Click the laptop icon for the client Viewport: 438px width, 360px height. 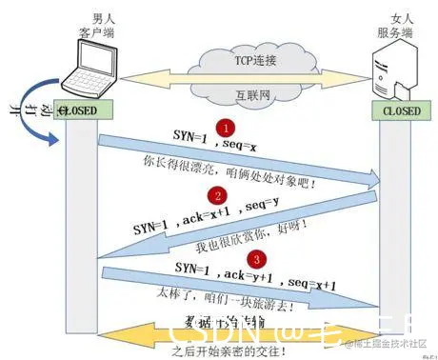(84, 66)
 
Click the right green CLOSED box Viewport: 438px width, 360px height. (399, 110)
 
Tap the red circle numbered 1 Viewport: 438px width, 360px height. (225, 127)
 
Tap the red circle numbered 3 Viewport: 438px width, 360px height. (254, 259)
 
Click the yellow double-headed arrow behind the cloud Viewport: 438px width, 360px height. (152, 76)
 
